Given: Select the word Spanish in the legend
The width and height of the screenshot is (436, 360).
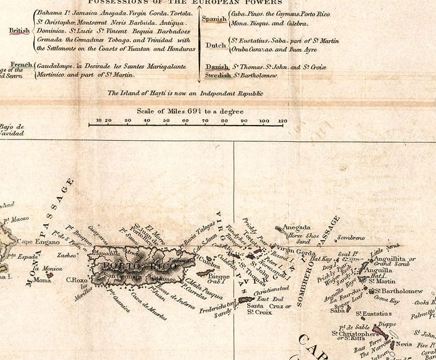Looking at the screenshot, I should point(214,19).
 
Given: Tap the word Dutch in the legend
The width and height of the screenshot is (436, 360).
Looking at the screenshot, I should point(216,45).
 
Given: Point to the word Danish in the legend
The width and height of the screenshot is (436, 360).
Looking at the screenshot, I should point(216,67).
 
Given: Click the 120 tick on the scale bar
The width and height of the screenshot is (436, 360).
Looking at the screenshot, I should point(283,121).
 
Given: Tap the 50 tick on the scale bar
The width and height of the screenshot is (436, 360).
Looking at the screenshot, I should point(166,121).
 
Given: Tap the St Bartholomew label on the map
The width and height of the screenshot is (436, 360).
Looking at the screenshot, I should point(401,291).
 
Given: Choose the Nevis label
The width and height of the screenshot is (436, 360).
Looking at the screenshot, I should point(403,344).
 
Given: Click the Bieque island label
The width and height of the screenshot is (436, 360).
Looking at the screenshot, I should point(219,276).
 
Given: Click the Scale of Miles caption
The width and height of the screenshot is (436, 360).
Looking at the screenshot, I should point(187,111).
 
